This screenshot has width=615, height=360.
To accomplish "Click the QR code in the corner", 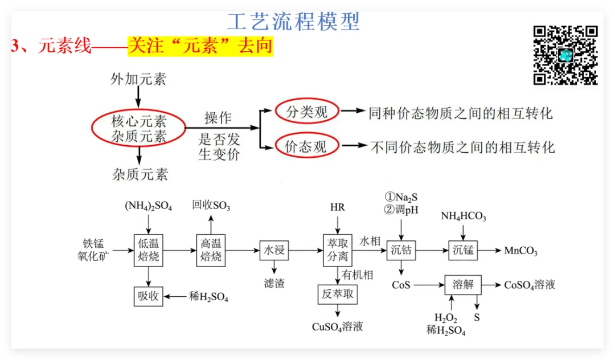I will (x=565, y=55).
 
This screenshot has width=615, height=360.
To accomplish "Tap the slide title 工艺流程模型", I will (x=293, y=22).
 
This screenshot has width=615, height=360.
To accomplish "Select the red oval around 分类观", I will (x=307, y=112).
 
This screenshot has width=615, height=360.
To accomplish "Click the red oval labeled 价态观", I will (x=306, y=147).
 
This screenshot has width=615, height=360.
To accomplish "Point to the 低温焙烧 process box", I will (x=149, y=250).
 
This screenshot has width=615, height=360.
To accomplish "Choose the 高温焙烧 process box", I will (x=211, y=250).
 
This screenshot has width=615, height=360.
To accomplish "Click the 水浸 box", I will (x=274, y=250).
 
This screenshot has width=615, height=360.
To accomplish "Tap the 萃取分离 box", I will (x=337, y=250).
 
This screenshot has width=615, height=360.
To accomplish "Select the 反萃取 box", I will (x=337, y=294).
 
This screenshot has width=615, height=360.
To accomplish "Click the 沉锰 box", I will (x=463, y=250).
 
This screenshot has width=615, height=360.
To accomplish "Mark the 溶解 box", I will (x=463, y=284).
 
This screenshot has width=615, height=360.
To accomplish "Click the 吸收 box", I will (x=149, y=296).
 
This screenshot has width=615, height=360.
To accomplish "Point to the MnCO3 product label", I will (x=520, y=251).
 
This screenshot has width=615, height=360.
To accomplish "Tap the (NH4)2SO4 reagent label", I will (x=149, y=206).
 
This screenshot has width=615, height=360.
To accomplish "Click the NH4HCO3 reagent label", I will (x=463, y=216).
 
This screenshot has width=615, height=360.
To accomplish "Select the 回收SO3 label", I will (x=211, y=206).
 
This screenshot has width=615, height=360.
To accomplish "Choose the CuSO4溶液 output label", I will (x=337, y=327).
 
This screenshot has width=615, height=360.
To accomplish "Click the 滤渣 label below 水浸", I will (x=274, y=283).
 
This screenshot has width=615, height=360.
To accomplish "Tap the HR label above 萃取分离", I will (x=337, y=207).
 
